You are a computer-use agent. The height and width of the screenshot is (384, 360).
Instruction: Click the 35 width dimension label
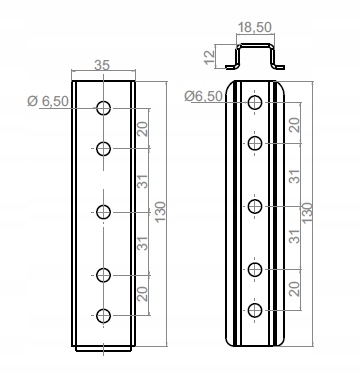(x=102, y=65)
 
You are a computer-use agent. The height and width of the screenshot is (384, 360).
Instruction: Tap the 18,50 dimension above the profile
(x=255, y=27)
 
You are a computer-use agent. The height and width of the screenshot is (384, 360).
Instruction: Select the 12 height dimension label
(x=210, y=57)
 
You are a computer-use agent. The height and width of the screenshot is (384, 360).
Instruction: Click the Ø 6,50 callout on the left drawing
(x=48, y=101)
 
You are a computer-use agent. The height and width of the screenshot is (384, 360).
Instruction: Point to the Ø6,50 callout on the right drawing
(x=204, y=96)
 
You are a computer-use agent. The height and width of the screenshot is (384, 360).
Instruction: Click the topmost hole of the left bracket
(x=103, y=108)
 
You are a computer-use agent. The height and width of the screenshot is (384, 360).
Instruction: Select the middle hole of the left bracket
(x=103, y=212)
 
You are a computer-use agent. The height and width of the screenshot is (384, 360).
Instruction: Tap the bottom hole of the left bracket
(x=103, y=316)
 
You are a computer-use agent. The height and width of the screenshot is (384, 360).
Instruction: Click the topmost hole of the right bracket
(x=255, y=102)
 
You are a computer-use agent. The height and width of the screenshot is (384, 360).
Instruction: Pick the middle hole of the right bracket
(x=255, y=206)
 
